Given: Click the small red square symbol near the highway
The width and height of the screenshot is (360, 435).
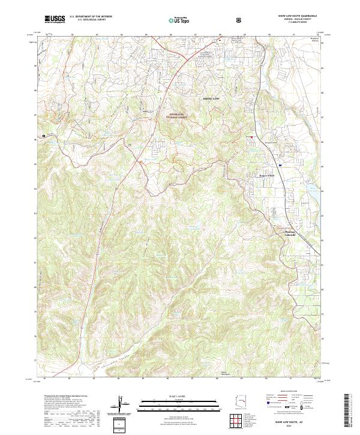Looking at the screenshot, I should coord(252,137).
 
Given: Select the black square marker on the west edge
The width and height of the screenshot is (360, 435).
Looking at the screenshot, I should coord(44,136).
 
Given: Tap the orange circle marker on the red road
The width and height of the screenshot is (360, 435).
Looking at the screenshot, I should coord(140,162).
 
